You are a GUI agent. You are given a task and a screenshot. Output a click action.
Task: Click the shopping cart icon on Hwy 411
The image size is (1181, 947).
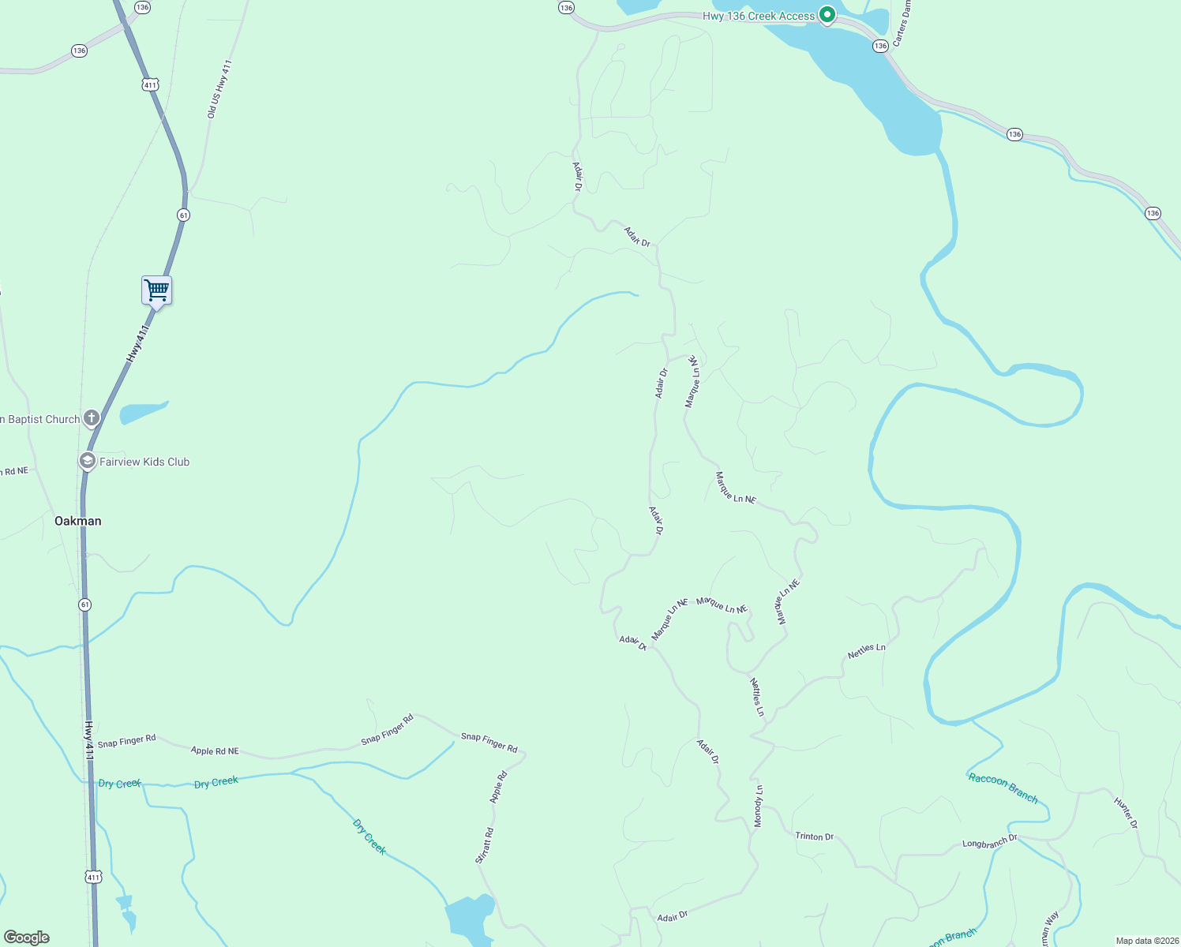click(x=156, y=290)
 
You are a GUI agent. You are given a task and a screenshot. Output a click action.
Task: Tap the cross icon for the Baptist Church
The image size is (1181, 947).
click(x=92, y=418)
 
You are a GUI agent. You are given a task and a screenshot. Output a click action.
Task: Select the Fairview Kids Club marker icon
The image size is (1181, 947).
click(x=87, y=461)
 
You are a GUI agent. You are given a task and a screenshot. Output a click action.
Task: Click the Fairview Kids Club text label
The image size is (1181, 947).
click(x=144, y=462)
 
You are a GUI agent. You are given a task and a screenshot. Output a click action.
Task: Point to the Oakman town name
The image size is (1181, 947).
click(x=77, y=521)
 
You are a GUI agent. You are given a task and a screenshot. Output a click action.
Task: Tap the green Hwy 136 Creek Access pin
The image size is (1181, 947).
click(x=827, y=15)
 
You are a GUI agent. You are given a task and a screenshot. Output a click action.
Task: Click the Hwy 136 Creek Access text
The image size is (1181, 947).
click(x=758, y=16)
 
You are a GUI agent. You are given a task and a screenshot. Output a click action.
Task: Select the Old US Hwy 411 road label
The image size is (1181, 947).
click(x=219, y=89)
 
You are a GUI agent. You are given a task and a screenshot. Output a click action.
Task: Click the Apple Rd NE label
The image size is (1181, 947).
click(x=215, y=750)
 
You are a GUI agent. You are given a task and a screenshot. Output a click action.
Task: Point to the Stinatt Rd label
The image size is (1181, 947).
click(x=485, y=845)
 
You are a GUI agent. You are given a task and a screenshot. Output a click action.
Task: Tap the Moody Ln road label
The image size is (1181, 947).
click(x=758, y=806)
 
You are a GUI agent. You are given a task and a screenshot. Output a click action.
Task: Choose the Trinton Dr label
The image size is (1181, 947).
click(x=814, y=836)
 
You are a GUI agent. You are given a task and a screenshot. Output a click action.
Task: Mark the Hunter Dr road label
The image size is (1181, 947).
click(x=1126, y=813)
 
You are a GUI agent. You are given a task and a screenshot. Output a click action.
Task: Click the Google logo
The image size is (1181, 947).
click(x=27, y=937)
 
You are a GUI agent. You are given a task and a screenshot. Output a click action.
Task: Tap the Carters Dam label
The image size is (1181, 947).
click(x=902, y=22)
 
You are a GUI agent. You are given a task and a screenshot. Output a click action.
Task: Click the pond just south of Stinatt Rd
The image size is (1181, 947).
click(x=471, y=918)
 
